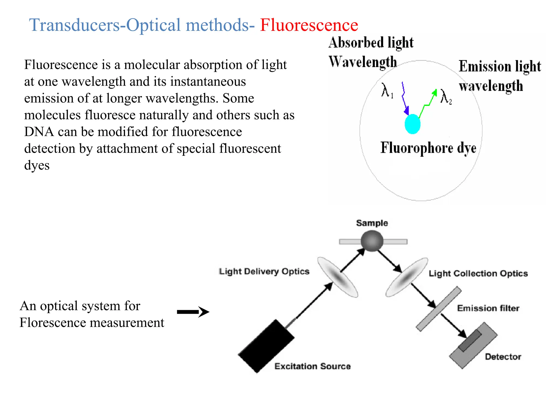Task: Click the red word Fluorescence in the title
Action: coord(309,25)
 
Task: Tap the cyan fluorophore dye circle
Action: coord(412,124)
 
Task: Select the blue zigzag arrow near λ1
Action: coord(405,98)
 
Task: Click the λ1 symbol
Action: coord(387,90)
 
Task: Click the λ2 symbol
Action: coord(446,97)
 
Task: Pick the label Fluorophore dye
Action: coord(428,148)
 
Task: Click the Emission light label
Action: coord(499,66)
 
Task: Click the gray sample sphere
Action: coord(372,241)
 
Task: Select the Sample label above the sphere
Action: coord(372,223)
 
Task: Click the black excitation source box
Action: coord(266,346)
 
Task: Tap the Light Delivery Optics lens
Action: coord(338,277)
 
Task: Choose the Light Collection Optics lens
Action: coord(406,277)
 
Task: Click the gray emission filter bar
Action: coord(438,309)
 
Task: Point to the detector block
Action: coord(473,345)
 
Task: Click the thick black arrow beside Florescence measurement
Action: coord(193,312)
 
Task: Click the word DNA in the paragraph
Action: coord(39,132)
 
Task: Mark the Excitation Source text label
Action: coord(312,366)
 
